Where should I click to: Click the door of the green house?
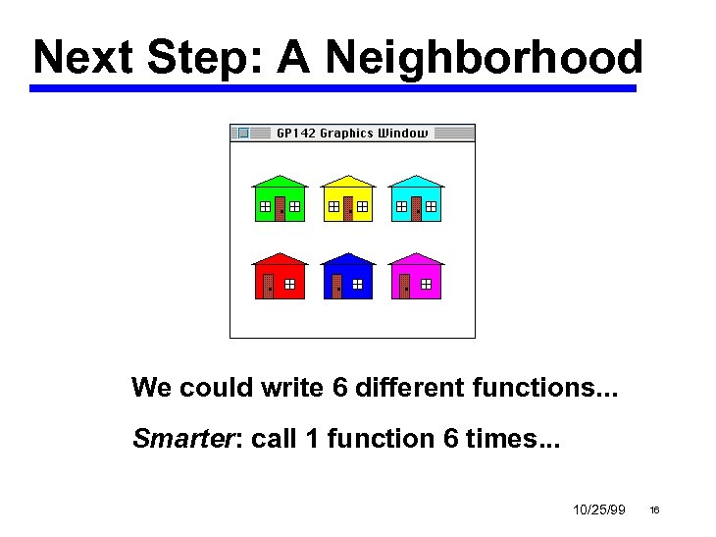click(x=281, y=209)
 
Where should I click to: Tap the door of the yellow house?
click(x=348, y=209)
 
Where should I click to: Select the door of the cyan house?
click(x=416, y=209)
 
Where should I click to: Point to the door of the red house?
click(x=269, y=286)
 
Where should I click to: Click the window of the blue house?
click(x=358, y=285)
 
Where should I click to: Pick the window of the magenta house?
click(x=426, y=285)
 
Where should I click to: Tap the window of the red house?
click(x=290, y=285)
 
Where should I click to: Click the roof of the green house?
click(x=280, y=183)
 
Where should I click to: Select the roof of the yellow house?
click(x=348, y=183)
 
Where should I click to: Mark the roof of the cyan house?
click(x=416, y=183)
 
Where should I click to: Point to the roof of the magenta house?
click(x=416, y=259)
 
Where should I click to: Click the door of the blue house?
click(x=336, y=286)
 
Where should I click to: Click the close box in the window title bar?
click(x=243, y=133)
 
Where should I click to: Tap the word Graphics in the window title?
click(x=347, y=134)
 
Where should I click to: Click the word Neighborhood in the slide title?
click(x=485, y=58)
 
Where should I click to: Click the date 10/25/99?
click(x=598, y=510)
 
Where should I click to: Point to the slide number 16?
click(x=654, y=510)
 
